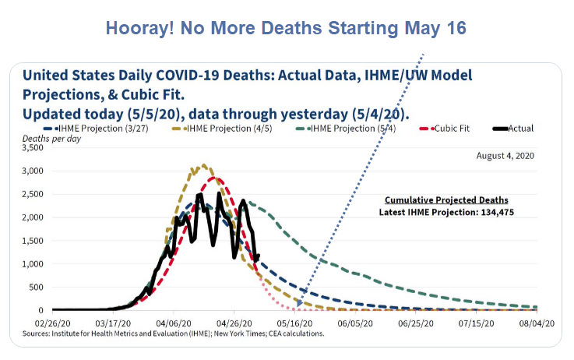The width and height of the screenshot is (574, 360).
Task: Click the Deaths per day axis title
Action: pyautogui.click(x=45, y=138)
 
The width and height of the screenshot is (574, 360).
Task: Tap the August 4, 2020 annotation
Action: pyautogui.click(x=505, y=156)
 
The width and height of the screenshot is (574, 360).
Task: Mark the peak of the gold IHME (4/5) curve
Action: pyautogui.click(x=203, y=165)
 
